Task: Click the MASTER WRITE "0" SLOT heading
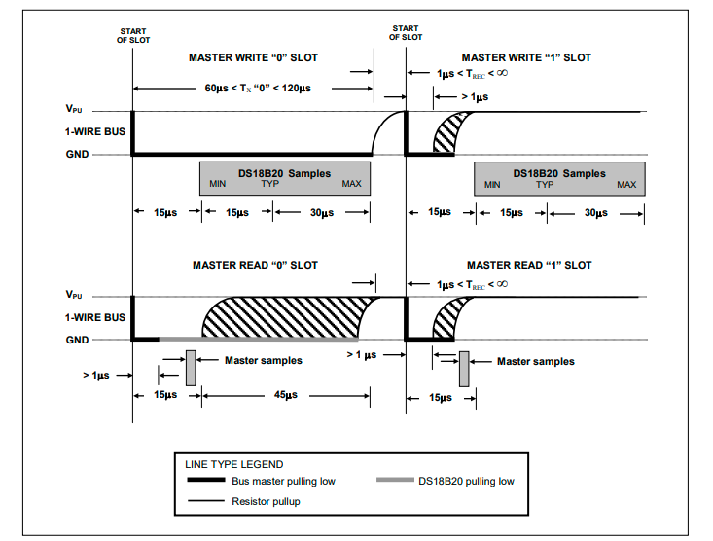253,57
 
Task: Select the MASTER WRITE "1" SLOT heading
527,57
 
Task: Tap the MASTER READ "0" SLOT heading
255,265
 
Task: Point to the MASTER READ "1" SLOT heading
529,265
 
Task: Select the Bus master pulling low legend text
282,481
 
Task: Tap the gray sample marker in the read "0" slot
191,367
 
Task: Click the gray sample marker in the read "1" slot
464,367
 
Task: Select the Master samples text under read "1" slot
535,361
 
